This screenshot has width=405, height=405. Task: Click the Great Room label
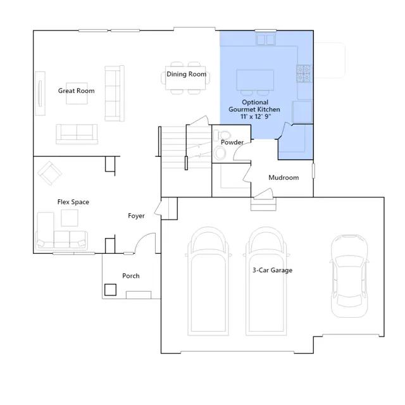click(76, 90)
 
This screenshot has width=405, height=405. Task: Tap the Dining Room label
click(186, 74)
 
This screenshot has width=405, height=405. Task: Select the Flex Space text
click(73, 202)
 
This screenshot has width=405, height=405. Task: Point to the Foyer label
click(136, 216)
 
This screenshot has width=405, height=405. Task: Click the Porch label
click(131, 276)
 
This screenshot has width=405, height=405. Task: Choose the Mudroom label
click(283, 177)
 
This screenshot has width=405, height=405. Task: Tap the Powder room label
click(232, 142)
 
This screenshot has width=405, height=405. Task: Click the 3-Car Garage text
click(272, 270)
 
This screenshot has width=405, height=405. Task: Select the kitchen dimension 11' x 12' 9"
click(256, 116)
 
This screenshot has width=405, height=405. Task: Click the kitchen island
click(255, 80)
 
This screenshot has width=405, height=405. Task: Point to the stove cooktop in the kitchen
click(303, 73)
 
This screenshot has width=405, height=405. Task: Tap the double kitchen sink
click(266, 40)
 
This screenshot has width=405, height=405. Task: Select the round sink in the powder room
click(220, 153)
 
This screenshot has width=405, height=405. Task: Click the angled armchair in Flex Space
click(49, 173)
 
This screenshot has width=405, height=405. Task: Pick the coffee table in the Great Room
click(77, 93)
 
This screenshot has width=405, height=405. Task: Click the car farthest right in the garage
click(349, 276)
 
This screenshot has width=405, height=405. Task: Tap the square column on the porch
click(110, 290)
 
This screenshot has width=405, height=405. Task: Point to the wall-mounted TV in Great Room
click(40, 93)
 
